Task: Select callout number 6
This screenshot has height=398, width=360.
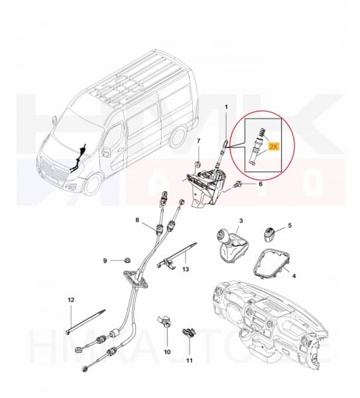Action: (x=261, y=184)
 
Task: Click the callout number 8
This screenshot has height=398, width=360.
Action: (x=137, y=220)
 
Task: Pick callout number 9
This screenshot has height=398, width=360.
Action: (x=105, y=259)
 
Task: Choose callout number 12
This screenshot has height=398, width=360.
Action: (x=71, y=301)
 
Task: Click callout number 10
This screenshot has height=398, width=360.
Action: (x=166, y=351)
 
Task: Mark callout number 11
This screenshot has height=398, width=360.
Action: (x=189, y=362)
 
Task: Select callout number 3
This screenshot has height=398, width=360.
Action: (x=241, y=220)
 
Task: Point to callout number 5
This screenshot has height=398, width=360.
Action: (x=289, y=226)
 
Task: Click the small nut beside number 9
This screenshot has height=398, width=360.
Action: (x=125, y=259)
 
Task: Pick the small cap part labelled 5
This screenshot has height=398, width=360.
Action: (x=269, y=232)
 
